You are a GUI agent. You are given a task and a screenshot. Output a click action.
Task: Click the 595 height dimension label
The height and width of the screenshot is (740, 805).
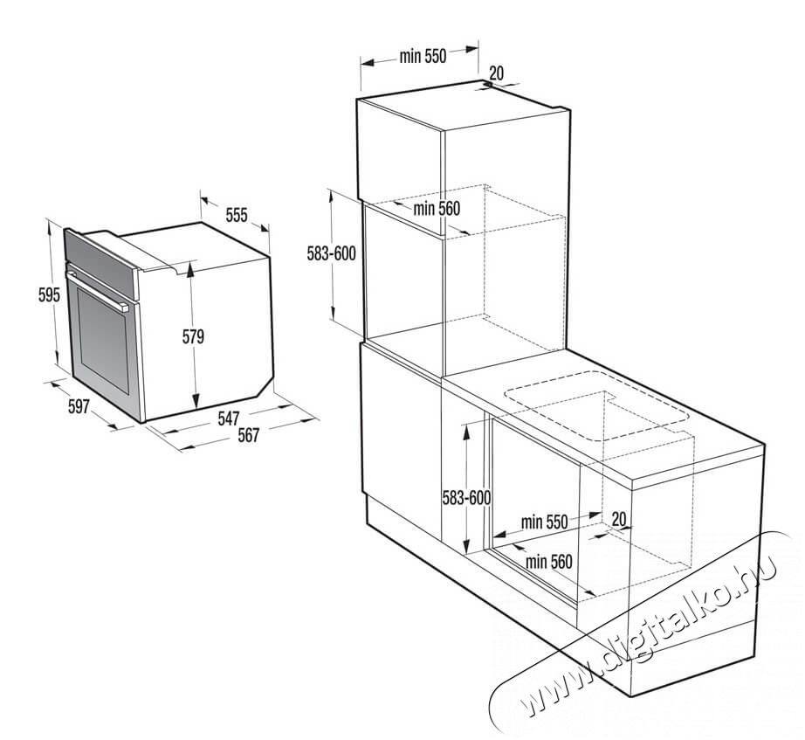point(49,295)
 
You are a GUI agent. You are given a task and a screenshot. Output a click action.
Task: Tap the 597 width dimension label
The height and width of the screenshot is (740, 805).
point(79,406)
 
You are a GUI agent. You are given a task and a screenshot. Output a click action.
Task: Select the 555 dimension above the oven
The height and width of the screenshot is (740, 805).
point(237,215)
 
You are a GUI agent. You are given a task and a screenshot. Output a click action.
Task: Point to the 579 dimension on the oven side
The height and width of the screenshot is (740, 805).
point(194,336)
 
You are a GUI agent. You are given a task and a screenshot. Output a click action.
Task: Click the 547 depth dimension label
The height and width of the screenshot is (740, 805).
point(229,418)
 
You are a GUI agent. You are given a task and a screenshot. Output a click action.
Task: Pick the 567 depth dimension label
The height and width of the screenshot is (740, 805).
point(249,436)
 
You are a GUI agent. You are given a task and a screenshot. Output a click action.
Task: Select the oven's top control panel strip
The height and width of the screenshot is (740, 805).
point(101,264)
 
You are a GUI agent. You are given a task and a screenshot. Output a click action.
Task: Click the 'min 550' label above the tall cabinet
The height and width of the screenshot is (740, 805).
point(423,56)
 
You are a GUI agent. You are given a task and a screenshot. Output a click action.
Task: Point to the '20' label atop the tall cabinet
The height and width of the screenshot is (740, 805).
point(497,73)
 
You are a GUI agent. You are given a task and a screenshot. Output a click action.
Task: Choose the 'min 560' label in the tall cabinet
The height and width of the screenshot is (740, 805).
point(437,208)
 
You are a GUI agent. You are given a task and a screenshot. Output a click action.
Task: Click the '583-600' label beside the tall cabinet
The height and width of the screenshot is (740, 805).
point(331,253)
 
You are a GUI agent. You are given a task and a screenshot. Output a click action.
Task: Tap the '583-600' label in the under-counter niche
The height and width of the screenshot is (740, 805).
point(466,497)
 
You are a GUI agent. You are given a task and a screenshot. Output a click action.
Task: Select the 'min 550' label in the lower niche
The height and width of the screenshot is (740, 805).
point(544,522)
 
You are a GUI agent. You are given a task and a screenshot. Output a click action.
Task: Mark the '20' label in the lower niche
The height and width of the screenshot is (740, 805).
point(619,519)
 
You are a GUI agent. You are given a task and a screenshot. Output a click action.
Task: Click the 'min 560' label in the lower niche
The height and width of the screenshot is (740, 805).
point(549,562)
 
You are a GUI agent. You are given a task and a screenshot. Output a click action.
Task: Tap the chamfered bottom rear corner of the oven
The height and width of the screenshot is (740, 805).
point(265,385)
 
